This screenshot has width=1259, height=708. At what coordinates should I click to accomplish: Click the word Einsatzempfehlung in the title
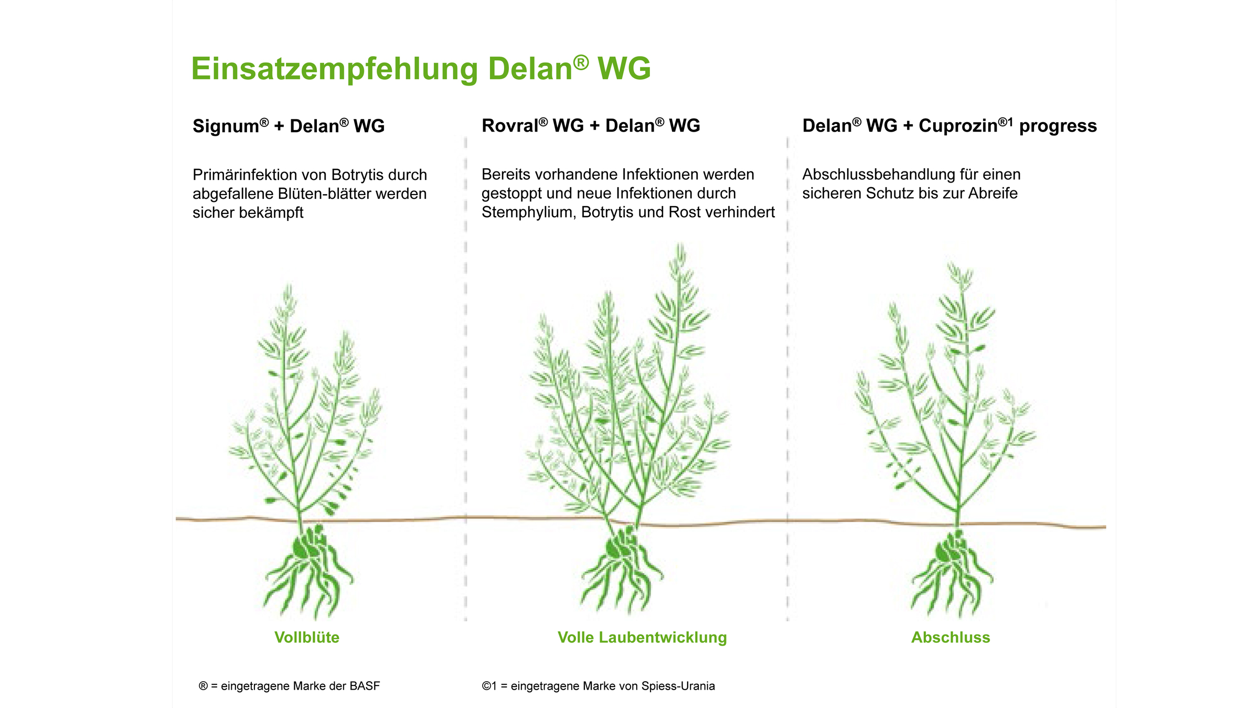[x=335, y=69]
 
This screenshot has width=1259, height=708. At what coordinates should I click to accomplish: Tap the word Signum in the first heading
[x=226, y=126]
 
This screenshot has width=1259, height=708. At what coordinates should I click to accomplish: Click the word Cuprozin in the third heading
[x=958, y=125]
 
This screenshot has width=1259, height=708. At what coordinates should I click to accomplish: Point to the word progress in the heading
[x=1058, y=126]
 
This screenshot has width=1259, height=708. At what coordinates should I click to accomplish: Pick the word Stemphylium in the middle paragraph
[x=529, y=212]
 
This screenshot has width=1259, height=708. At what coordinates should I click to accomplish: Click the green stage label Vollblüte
[x=307, y=637]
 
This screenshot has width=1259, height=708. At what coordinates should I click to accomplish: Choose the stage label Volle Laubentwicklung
[x=642, y=637]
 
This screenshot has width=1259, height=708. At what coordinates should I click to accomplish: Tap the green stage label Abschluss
[x=951, y=637]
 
